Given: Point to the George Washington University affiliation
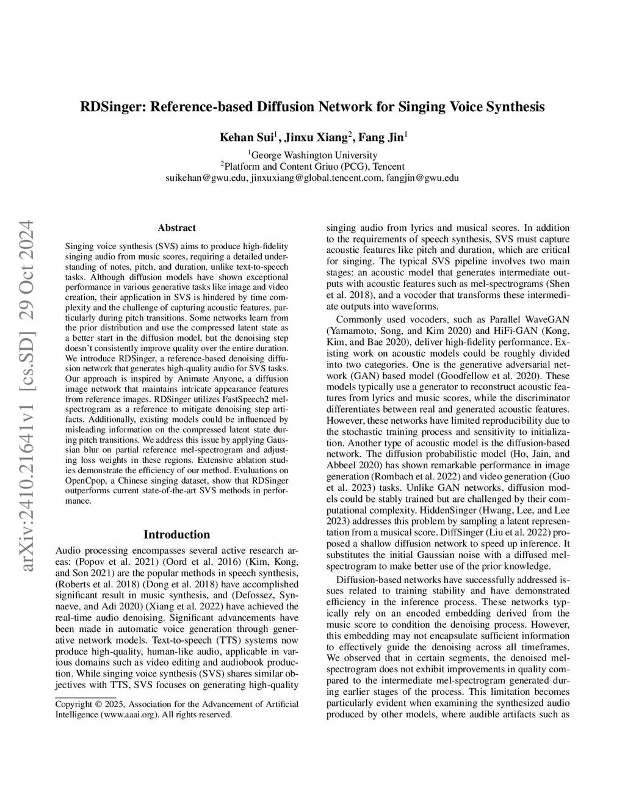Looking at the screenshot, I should point(314,155).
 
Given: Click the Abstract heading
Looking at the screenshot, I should point(177,228).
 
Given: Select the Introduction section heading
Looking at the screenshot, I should point(177,535).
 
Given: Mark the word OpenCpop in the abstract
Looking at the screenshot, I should point(84,481).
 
